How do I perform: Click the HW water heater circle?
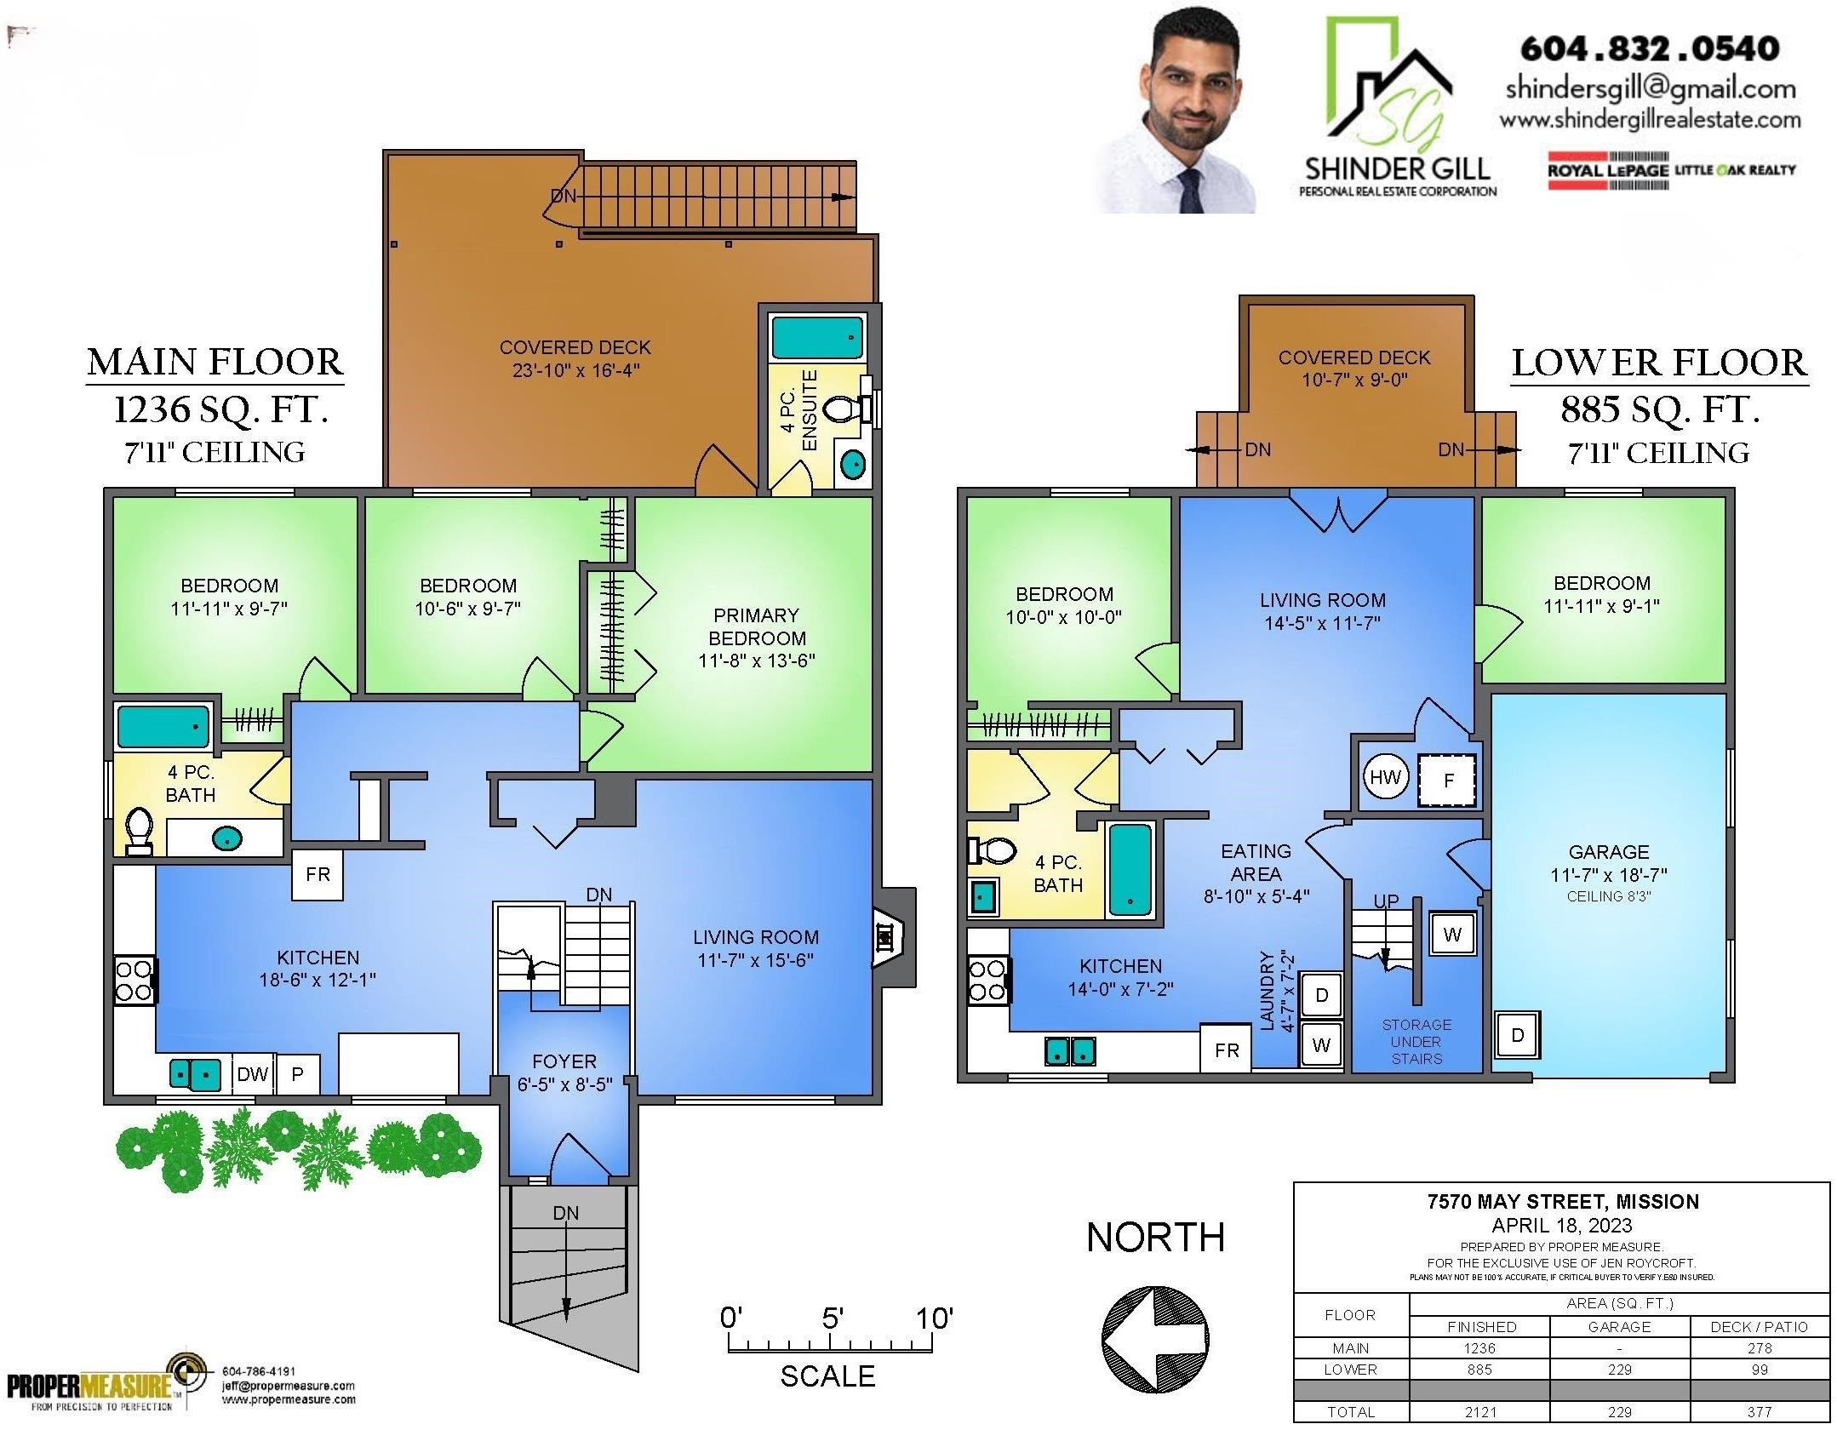click(1385, 777)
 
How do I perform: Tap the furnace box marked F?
click(1447, 780)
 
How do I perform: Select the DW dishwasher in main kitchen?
click(252, 1074)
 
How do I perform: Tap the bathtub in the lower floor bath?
click(1130, 869)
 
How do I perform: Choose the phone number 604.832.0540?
click(1650, 49)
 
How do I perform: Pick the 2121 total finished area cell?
click(1480, 1411)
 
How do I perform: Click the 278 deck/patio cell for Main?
click(1759, 1348)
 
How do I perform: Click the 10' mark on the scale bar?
click(934, 1318)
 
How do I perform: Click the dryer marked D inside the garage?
click(1517, 1035)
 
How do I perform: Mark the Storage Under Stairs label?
click(1416, 1042)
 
